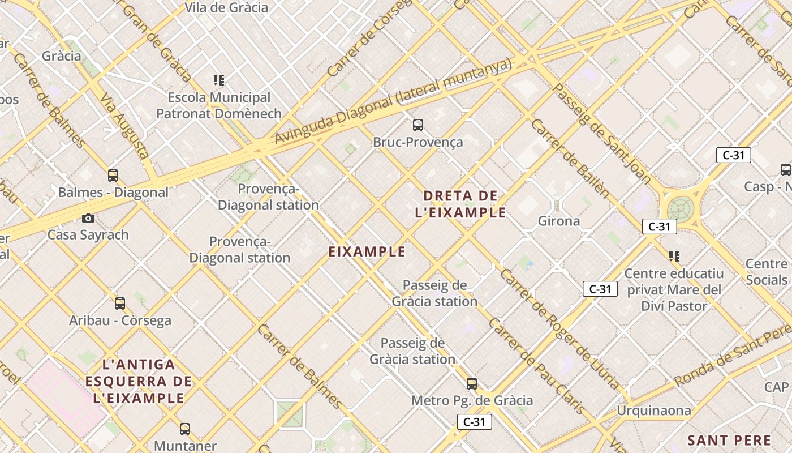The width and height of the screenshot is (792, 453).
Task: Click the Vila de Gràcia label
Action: [x=226, y=7]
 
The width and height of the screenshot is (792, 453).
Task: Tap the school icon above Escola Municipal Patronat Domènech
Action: [x=219, y=80]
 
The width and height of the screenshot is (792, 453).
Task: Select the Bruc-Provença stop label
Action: [x=417, y=142]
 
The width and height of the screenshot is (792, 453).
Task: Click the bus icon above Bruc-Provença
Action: [x=418, y=125]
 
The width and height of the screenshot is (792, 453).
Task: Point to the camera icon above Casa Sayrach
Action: [x=88, y=218]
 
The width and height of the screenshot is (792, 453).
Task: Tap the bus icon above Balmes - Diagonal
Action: [x=113, y=176]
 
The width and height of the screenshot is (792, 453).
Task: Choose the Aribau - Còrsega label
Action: [x=120, y=320]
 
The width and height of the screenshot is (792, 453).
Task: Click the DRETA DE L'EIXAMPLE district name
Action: [x=460, y=204]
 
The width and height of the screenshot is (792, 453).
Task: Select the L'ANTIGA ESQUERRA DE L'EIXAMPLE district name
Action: [x=139, y=381]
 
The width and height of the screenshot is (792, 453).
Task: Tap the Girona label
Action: [x=558, y=221]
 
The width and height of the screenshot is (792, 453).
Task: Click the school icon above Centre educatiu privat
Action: [x=674, y=257]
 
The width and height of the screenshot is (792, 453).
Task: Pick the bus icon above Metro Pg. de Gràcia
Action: [x=472, y=384]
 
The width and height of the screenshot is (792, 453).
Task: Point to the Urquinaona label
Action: [x=653, y=411]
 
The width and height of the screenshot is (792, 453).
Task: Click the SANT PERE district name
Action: [x=729, y=441]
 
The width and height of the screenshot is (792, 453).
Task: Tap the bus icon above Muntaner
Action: [x=185, y=429]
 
